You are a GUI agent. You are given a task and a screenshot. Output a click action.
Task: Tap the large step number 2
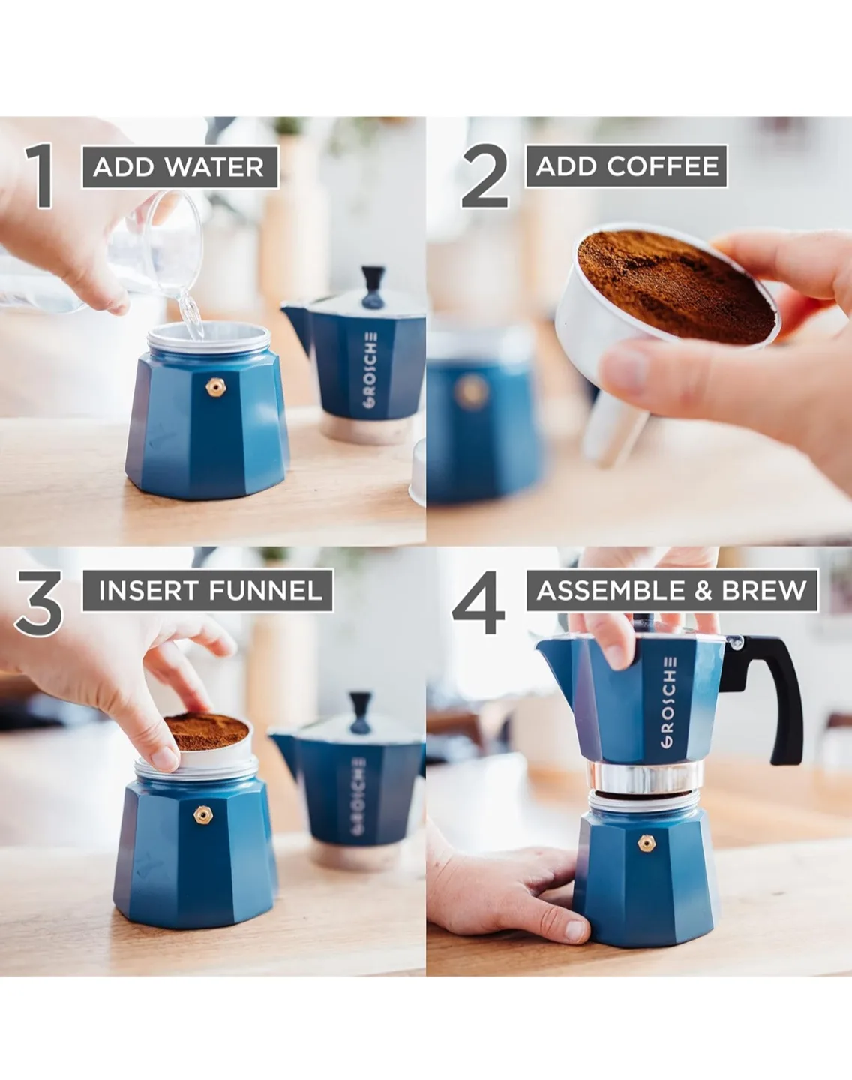point(485,177)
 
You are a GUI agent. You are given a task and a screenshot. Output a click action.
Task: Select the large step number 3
point(39,604)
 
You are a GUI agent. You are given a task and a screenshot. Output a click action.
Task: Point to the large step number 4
point(480,604)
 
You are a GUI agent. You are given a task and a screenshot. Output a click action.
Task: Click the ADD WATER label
point(179,166)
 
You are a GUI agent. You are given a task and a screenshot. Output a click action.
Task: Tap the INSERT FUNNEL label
point(210,590)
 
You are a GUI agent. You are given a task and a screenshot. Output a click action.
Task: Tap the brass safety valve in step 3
point(201,814)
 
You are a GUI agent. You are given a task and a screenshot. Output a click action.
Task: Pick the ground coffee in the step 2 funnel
point(675,285)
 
